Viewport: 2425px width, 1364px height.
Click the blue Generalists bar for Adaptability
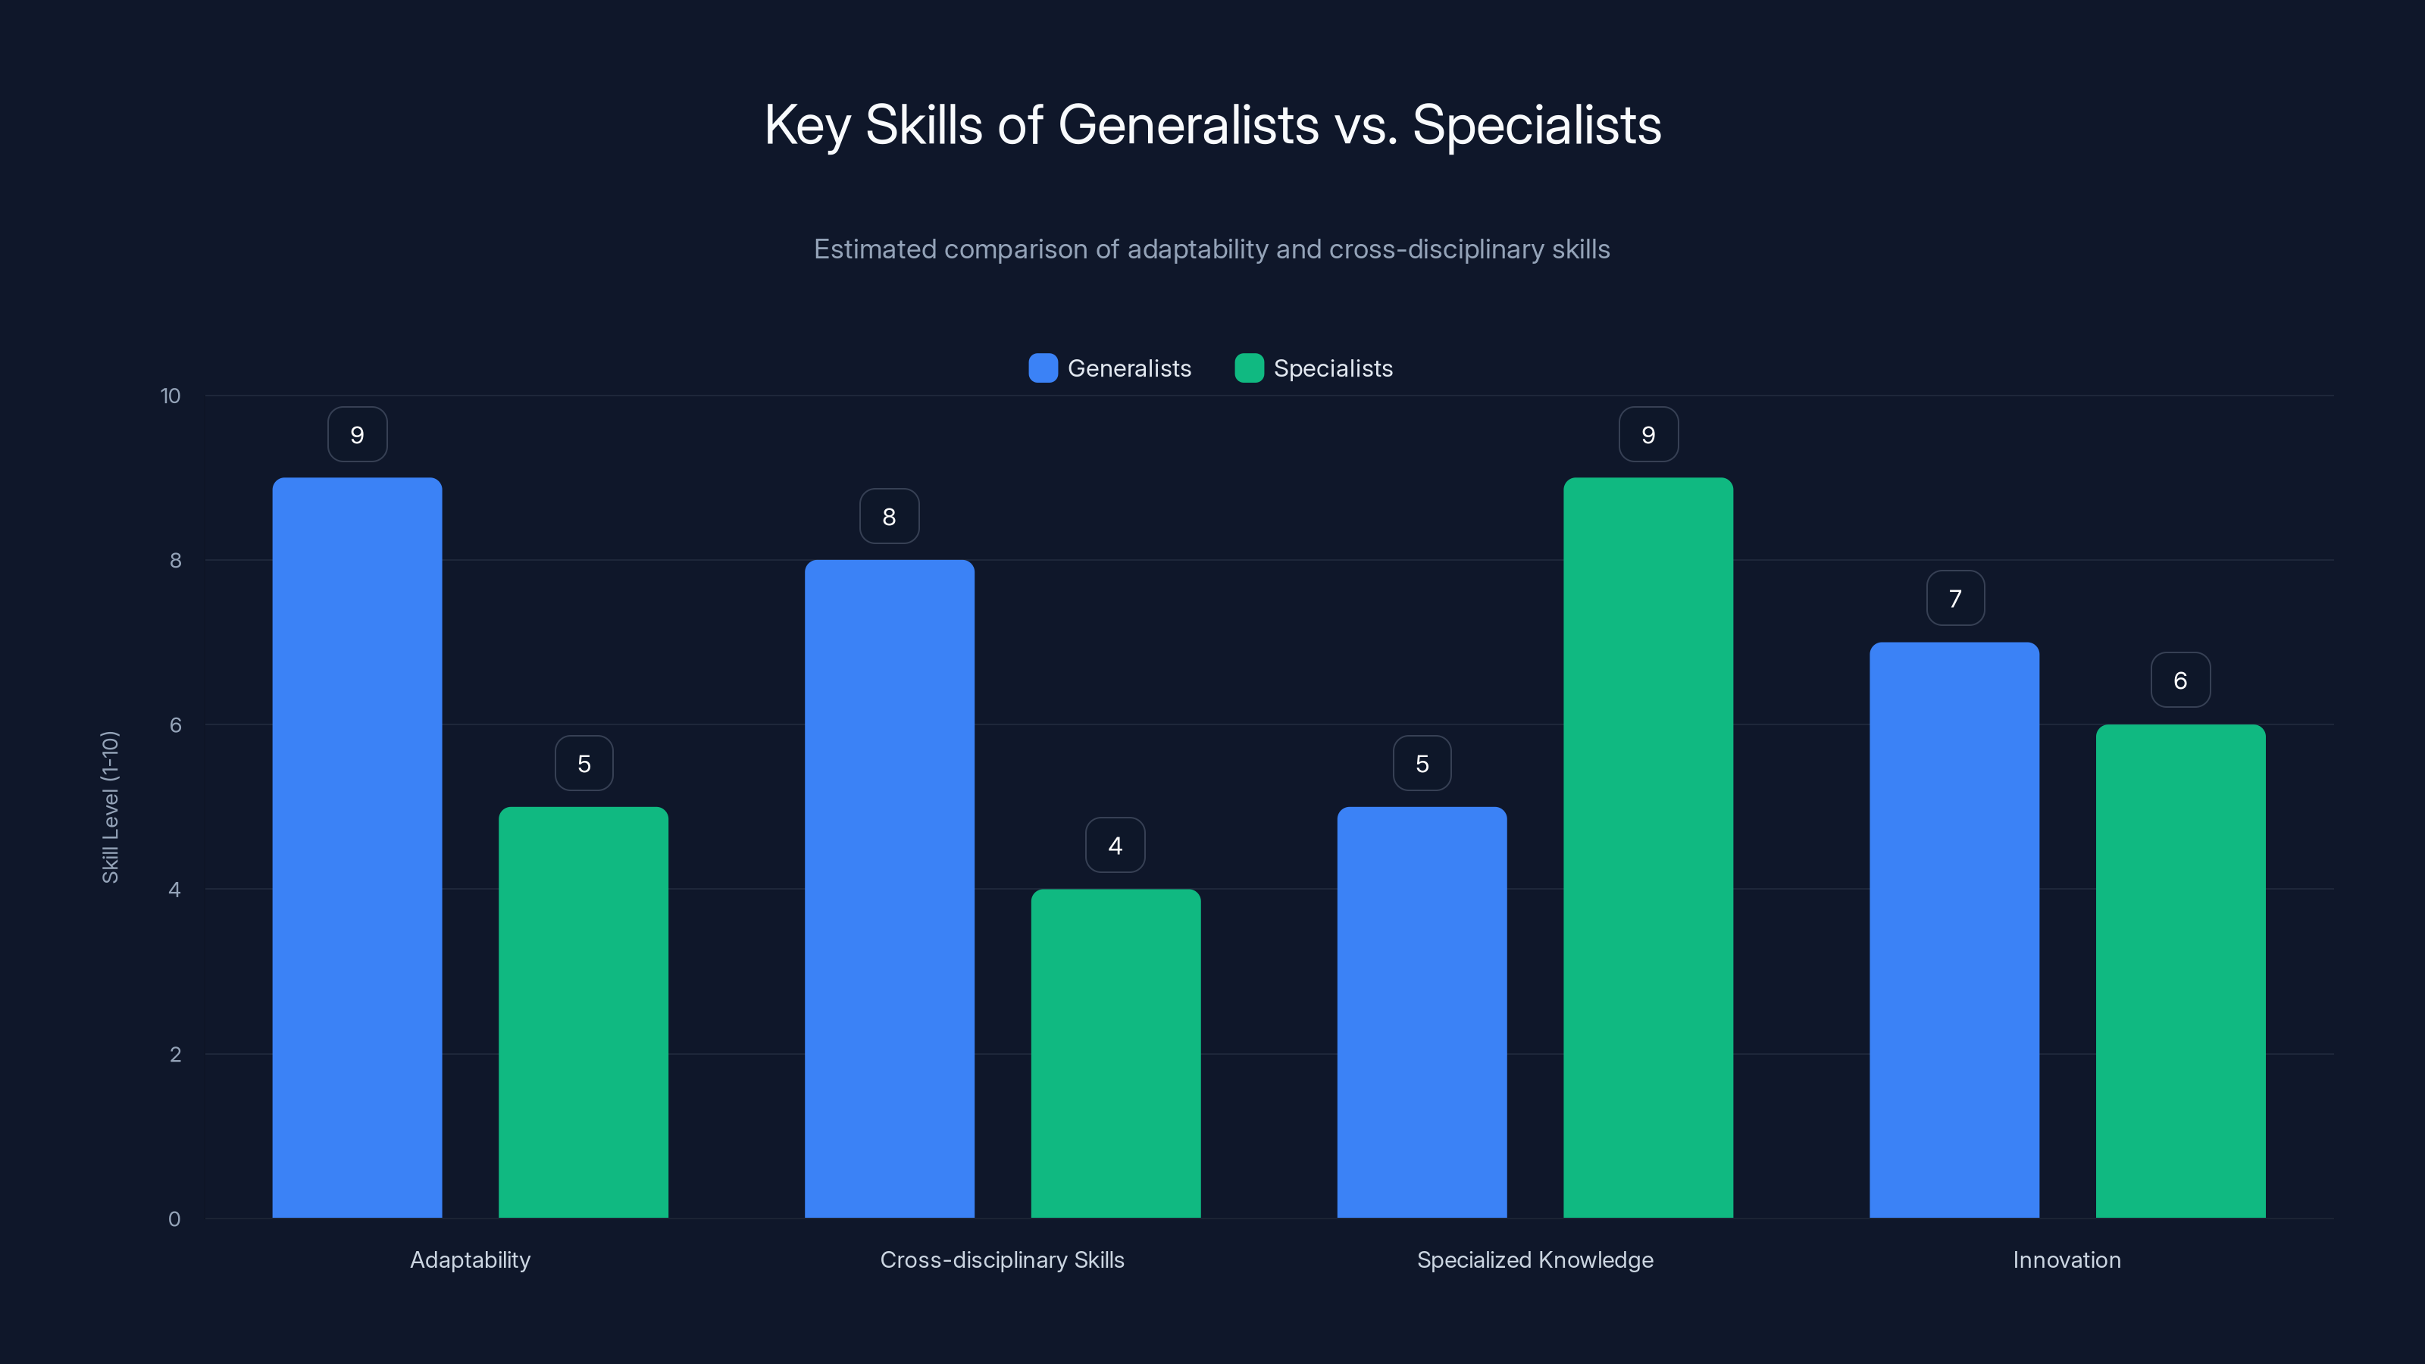tap(357, 847)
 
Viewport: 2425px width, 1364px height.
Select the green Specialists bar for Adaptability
tap(583, 1012)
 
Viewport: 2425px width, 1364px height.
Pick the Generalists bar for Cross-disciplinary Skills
tap(889, 889)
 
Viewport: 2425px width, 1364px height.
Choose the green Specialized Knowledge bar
tap(1647, 847)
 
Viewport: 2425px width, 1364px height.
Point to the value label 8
tap(889, 516)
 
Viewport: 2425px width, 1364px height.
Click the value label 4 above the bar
tap(1115, 846)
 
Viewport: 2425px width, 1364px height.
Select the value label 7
tap(1955, 599)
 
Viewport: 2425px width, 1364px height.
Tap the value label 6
tap(2180, 680)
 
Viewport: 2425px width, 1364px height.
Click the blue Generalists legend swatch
tap(1043, 368)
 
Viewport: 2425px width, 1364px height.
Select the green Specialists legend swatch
tap(1248, 368)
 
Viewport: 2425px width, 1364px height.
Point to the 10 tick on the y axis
tap(171, 396)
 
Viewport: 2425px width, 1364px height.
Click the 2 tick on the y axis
tap(175, 1054)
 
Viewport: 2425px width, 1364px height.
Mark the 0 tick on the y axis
tap(174, 1219)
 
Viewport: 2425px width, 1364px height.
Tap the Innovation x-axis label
tap(2067, 1259)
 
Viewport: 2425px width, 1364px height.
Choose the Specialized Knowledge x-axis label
tap(1535, 1259)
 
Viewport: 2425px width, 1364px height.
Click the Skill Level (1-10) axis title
tap(110, 807)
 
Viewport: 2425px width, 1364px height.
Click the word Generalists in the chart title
tap(1188, 125)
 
